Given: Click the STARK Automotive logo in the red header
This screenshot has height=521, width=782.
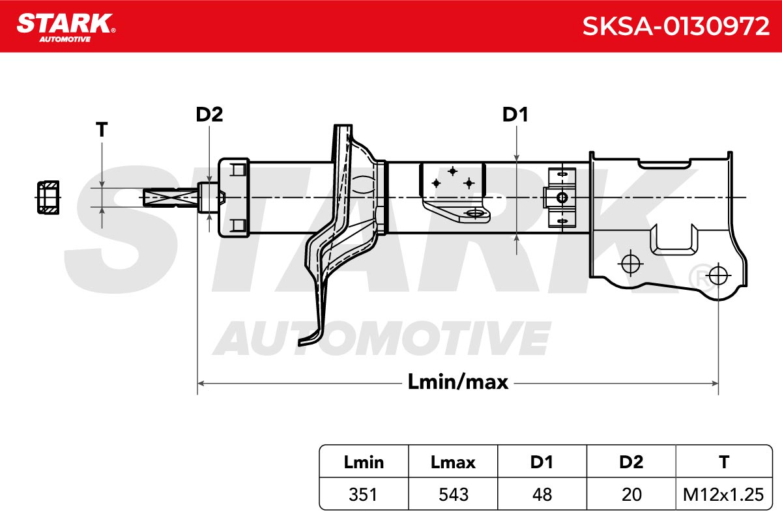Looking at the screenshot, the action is pos(66,27).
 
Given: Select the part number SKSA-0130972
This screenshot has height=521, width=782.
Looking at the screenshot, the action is pos(676,26).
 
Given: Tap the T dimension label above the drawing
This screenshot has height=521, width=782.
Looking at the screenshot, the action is pos(102,130).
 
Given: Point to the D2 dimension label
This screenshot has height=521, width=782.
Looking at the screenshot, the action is pos(209,114).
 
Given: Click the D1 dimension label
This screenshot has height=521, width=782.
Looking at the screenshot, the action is pos(515,114).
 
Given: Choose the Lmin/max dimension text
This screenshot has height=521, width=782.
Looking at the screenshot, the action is pos(457,382).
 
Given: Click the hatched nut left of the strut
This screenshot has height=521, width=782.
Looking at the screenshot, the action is pos(48,197).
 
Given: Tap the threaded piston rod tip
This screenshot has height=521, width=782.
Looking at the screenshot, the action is pos(170,197).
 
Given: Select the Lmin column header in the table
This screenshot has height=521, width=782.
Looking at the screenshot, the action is pos(364,462).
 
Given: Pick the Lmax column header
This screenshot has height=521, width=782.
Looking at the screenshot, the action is pos(453,462).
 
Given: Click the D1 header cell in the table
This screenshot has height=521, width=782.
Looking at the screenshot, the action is pos(542,462).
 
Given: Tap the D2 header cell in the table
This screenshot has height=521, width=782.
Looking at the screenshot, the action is pos(631,462).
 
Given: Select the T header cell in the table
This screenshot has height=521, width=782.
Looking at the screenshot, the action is pos(724,462).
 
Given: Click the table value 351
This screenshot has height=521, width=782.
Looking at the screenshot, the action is pos(363,494).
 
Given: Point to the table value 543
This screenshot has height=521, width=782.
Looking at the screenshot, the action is pos(453,494).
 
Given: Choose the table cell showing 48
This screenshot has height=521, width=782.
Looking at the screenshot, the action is pos(542,494).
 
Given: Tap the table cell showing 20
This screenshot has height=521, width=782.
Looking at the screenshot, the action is pos(631,494).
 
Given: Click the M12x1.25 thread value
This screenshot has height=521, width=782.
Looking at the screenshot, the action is pos(723,494).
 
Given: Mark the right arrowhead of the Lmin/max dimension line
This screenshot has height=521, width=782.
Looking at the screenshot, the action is pos(715,384).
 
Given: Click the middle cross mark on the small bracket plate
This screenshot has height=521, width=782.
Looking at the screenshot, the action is pos(453,171).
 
